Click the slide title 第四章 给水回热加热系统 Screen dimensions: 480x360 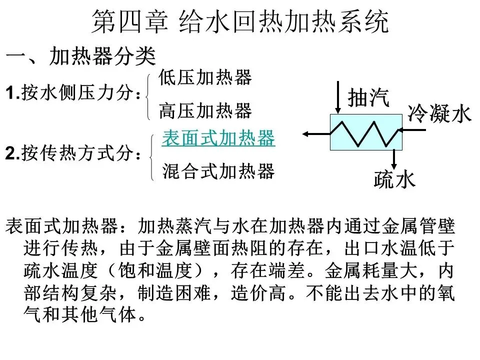point(240,21)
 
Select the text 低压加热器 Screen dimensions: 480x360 point(205,77)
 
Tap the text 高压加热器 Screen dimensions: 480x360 point(205,110)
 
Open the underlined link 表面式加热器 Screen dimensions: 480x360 point(218,138)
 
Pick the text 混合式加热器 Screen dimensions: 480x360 point(218,171)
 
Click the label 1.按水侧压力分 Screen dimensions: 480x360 point(73,92)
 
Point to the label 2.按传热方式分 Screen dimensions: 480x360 point(73,153)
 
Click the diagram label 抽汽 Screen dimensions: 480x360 point(368,97)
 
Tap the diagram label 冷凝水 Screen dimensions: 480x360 point(439,113)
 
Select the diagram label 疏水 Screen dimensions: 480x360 point(394,179)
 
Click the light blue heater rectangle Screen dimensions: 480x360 point(366,132)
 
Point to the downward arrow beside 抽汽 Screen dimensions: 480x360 point(338,97)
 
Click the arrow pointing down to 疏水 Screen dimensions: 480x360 point(394,159)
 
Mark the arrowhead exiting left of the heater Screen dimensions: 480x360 point(305,134)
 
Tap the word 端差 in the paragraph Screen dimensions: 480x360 point(286,270)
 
